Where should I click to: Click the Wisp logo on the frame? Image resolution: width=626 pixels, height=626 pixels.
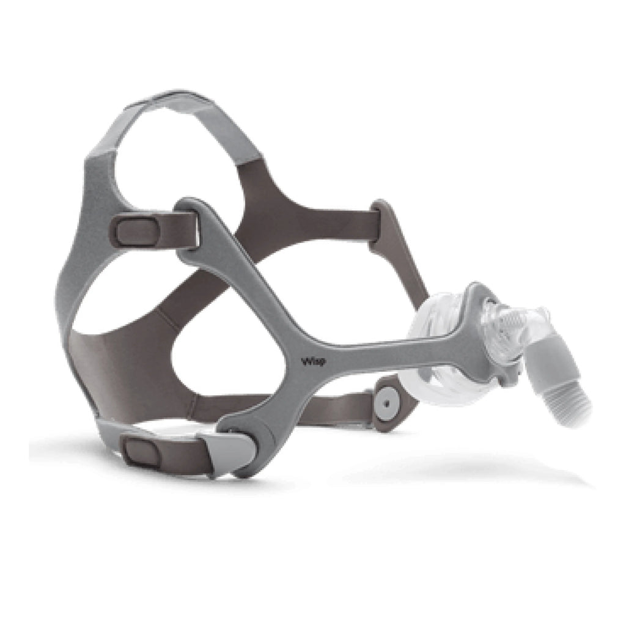(314, 362)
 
